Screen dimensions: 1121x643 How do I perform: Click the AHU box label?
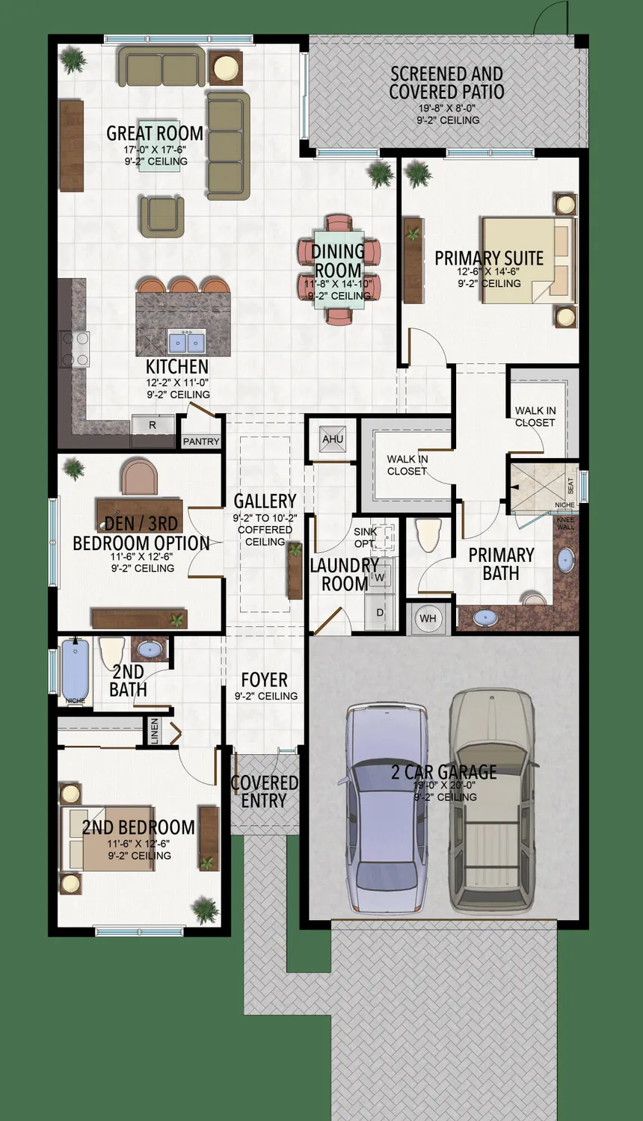(x=333, y=439)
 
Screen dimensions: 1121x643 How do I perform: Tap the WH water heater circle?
(x=428, y=618)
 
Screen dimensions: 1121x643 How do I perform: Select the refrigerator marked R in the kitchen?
(x=153, y=425)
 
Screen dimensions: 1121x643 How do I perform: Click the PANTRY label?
(x=201, y=442)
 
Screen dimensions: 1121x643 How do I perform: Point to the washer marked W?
(x=379, y=578)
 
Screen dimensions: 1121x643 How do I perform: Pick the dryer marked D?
(x=379, y=612)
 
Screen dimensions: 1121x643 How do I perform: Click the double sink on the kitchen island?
(x=186, y=342)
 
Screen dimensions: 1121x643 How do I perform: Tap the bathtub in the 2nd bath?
(x=75, y=670)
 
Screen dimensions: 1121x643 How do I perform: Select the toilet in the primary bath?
(x=429, y=534)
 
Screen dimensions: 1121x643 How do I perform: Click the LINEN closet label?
(x=154, y=731)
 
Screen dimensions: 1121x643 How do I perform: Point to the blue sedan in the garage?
(x=386, y=807)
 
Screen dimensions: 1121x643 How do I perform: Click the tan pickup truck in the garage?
(x=492, y=800)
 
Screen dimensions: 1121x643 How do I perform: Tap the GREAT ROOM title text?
(x=155, y=134)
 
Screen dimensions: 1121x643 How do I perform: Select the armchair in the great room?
(x=161, y=216)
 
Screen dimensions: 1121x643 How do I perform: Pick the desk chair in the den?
(x=140, y=478)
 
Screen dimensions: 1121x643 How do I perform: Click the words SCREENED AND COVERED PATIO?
(x=446, y=83)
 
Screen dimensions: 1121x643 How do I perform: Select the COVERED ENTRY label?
(x=264, y=791)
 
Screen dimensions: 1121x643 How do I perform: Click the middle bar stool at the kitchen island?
(x=182, y=285)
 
